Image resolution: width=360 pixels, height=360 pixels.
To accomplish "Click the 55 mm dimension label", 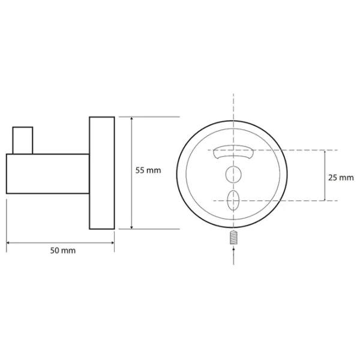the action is click(148, 170).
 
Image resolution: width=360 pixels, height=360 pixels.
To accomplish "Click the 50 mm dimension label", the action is click(63, 250).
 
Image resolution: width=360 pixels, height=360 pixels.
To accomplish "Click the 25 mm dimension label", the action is click(341, 178).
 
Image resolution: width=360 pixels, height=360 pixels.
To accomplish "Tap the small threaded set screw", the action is click(233, 237).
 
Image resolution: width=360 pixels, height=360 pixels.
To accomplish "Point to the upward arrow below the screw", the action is click(233, 256).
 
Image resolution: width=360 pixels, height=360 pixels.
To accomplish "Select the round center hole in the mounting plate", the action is click(233, 175).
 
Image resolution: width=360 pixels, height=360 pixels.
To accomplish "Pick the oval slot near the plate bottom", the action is click(233, 200).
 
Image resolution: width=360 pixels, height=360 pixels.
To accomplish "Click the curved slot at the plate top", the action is click(233, 152).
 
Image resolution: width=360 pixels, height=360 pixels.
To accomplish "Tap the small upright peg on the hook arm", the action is click(23, 140).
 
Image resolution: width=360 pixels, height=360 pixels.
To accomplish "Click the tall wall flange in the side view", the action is click(102, 173).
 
